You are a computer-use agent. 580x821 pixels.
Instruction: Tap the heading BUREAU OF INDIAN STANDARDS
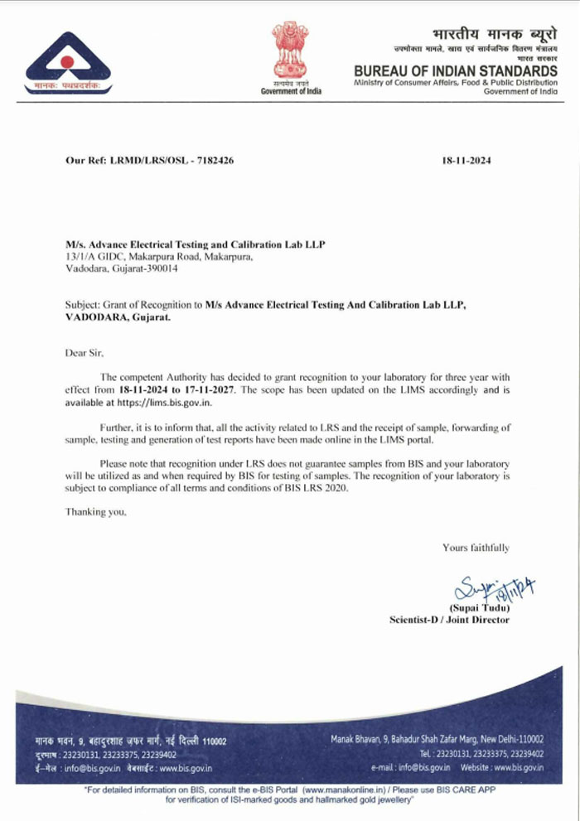point(456,71)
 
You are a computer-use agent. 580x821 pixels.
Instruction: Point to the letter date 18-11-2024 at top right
point(467,161)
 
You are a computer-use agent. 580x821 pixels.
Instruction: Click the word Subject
point(81,305)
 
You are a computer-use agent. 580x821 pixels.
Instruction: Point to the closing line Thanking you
point(96,512)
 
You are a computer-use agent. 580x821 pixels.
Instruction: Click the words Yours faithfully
point(476,548)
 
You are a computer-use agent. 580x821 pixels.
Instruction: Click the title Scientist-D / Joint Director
point(449,620)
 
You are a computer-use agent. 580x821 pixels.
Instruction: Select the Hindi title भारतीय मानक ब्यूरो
point(494,34)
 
